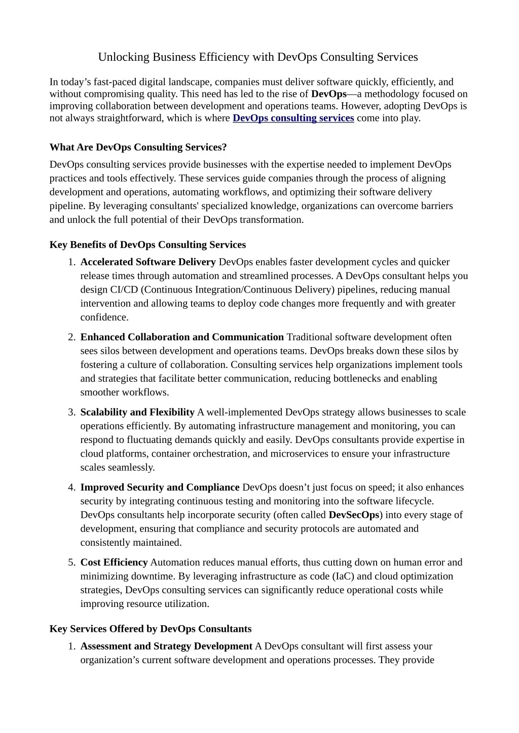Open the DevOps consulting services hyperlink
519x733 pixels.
293,118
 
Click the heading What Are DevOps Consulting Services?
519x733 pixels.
138,147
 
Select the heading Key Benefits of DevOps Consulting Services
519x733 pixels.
147,245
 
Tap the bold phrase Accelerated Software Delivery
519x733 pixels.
148,262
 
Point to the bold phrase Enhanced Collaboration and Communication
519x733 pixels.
182,337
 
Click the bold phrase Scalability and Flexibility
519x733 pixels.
137,412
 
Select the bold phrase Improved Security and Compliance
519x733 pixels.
160,487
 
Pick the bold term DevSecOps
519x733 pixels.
354,515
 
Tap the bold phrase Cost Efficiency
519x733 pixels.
114,562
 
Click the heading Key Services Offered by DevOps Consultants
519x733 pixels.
151,629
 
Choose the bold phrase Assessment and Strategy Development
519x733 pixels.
166,646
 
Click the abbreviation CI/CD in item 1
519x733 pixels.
124,290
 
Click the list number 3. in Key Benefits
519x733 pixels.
71,412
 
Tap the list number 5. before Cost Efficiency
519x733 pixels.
71,562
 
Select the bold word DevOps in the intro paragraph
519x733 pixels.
328,94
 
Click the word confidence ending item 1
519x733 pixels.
103,317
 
